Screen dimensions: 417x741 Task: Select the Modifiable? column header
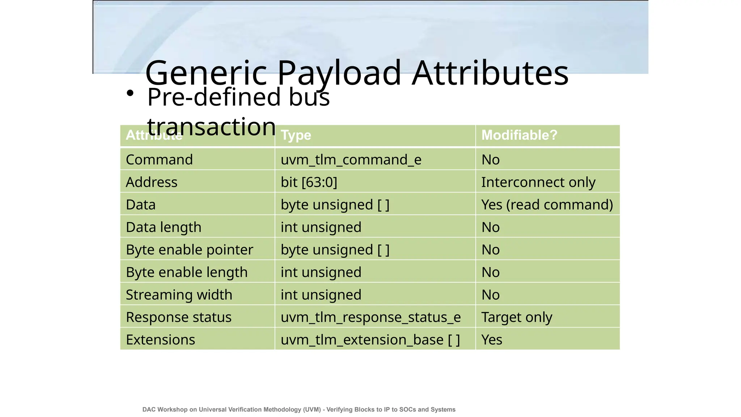[x=519, y=135]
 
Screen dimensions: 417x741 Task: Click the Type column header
[x=296, y=135]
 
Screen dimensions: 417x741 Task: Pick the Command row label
[x=159, y=160]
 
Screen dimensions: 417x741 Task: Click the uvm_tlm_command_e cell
[x=351, y=160]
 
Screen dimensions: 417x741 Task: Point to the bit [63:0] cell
[x=309, y=182]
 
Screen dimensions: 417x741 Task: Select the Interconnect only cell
[x=538, y=182]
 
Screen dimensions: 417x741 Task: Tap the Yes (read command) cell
[x=547, y=205]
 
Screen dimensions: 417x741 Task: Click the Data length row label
[x=164, y=227]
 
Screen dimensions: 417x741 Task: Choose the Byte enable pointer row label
[x=189, y=250]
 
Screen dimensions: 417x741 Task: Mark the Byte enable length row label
[x=187, y=272]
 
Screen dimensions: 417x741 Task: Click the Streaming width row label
[x=179, y=295]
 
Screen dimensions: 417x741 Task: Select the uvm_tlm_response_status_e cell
[x=370, y=317]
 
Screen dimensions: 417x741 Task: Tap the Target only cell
[x=517, y=317]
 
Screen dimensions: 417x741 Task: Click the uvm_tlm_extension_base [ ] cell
[x=370, y=340]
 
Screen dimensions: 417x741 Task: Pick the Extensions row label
[x=160, y=340]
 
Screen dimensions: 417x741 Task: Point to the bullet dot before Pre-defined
[x=130, y=93]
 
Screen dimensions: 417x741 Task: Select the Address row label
[x=152, y=182]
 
